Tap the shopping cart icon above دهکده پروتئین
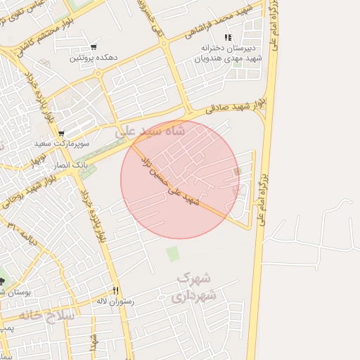pyautogui.click(x=93, y=48)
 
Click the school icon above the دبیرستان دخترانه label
pyautogui.click(x=226, y=37)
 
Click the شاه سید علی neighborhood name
pyautogui.click(x=151, y=131)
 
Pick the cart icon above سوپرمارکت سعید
pyautogui.click(x=61, y=133)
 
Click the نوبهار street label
pyautogui.click(x=37, y=160)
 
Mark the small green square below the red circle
pyautogui.click(x=173, y=253)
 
